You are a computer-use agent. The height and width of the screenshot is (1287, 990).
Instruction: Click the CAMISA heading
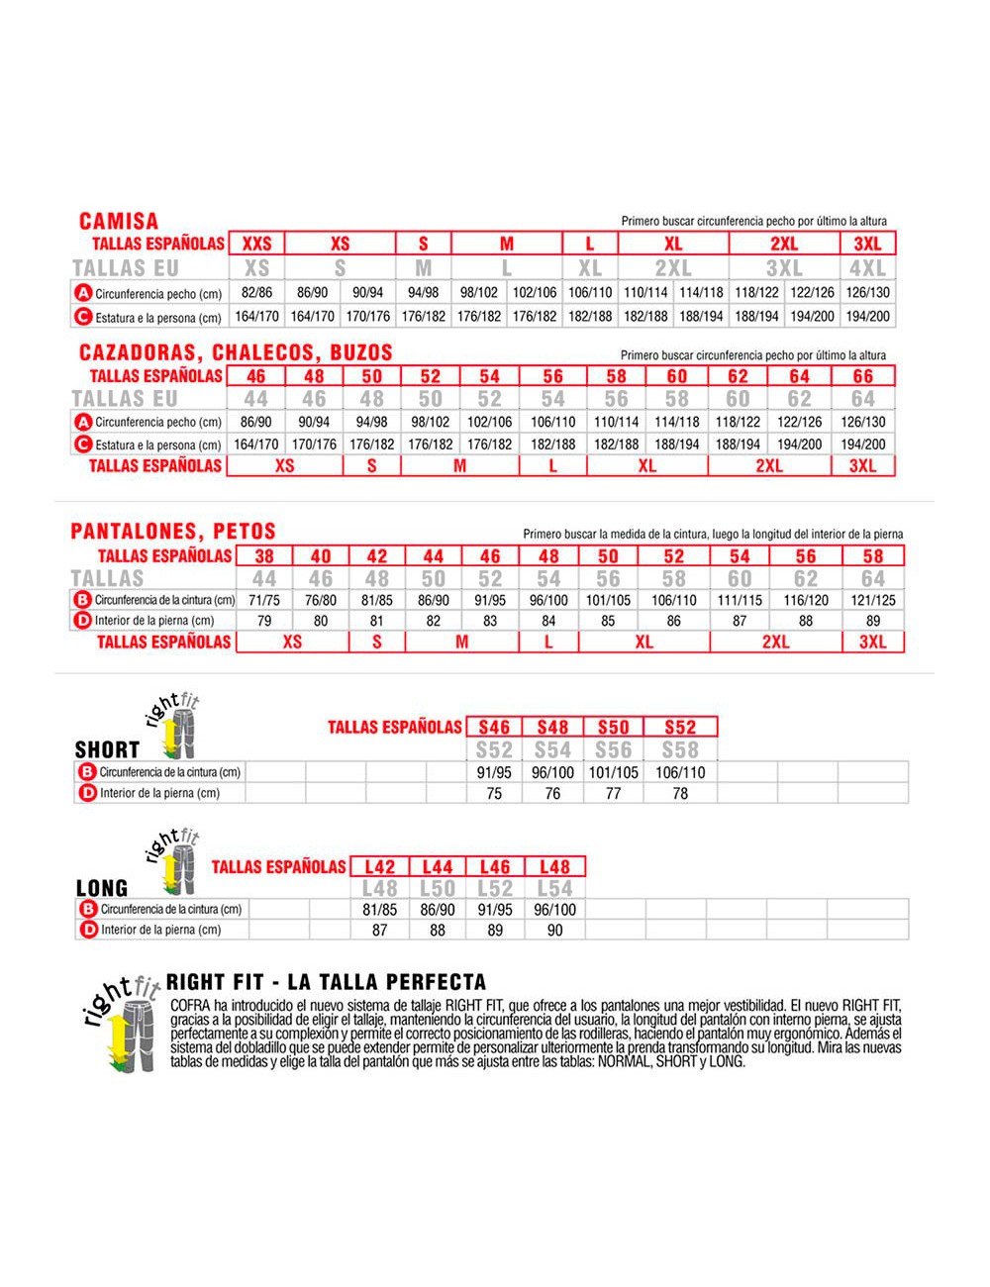(x=118, y=221)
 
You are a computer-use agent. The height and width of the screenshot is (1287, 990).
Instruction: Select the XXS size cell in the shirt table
(x=256, y=244)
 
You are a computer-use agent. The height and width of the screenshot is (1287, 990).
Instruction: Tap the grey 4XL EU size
(x=867, y=268)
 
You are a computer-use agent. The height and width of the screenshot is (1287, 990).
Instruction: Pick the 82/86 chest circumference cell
(x=256, y=293)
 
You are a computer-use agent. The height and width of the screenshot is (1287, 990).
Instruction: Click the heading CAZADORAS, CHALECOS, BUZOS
(x=236, y=352)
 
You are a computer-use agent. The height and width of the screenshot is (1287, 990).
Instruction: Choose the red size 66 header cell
(x=863, y=376)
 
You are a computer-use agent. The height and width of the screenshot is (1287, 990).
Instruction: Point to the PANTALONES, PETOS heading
(x=173, y=532)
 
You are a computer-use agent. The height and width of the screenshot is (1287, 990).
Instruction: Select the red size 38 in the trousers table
(x=264, y=556)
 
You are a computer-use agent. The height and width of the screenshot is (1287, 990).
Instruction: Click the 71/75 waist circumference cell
(x=264, y=600)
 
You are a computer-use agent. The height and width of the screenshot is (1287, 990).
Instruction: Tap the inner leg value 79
(x=264, y=621)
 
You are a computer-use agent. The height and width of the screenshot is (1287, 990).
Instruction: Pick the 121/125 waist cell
(x=872, y=600)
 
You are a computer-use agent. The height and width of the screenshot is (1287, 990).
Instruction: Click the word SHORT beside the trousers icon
(x=107, y=749)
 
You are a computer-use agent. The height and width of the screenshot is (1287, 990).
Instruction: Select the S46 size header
(x=494, y=727)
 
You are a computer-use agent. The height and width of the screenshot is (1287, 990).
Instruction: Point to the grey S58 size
(x=680, y=750)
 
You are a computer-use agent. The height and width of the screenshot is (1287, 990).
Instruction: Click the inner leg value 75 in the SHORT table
(x=494, y=793)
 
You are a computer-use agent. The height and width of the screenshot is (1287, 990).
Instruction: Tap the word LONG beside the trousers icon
(x=102, y=888)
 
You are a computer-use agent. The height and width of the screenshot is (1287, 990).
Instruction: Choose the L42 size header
(x=379, y=867)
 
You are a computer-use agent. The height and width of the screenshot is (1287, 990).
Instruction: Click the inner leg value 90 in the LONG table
(x=554, y=930)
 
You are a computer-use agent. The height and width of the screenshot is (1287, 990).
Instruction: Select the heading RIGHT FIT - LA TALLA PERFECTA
(x=327, y=982)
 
